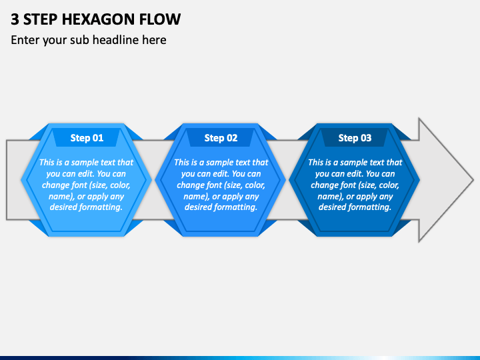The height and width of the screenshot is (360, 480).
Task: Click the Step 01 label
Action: (87, 138)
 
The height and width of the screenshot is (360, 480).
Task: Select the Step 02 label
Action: (221, 138)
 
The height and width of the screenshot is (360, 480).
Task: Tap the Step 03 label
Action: (355, 138)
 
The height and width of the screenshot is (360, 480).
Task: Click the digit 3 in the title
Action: (15, 19)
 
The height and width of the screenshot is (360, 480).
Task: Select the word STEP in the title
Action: (41, 19)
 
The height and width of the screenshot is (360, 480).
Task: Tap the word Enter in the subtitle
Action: (25, 40)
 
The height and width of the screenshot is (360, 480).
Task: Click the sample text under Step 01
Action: (86, 185)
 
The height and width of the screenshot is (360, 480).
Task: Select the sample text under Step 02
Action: (221, 185)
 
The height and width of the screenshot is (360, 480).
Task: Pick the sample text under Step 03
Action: (355, 185)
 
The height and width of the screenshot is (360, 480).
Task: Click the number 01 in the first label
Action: (97, 138)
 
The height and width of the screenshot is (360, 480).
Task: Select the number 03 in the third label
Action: (365, 138)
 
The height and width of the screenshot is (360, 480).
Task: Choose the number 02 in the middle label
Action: (231, 138)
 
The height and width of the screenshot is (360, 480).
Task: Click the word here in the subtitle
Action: (155, 40)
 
